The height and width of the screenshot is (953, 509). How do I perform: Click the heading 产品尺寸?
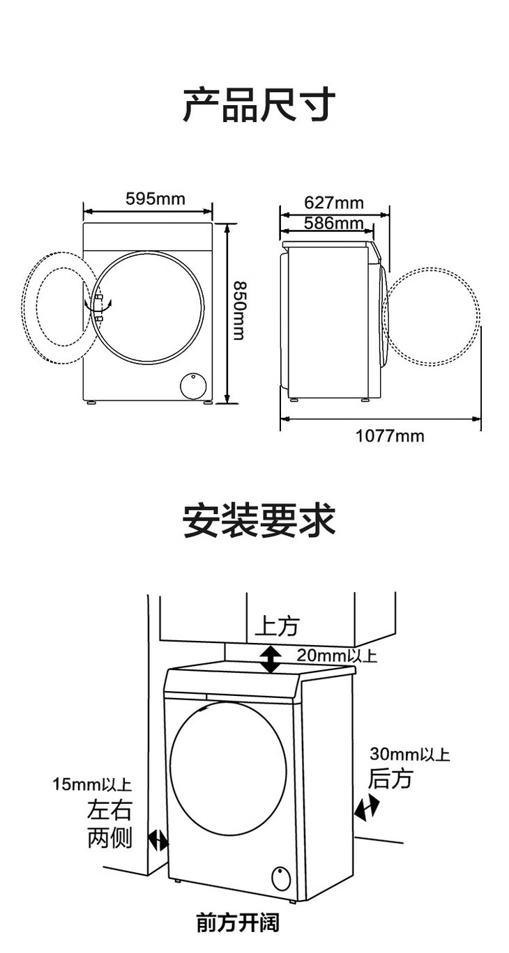coord(259,106)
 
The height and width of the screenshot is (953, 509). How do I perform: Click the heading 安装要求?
coord(259,520)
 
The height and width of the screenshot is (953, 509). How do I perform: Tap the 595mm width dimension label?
coord(155,199)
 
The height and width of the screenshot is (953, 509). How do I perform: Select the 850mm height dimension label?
coord(238,311)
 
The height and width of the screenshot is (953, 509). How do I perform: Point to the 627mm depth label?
coord(334,203)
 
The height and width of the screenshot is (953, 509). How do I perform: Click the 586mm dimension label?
coord(334,223)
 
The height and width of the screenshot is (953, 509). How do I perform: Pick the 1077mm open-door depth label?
coord(390,436)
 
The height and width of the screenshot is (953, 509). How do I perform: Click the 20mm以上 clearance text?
coord(337,655)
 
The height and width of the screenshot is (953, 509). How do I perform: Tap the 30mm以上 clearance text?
coord(409,754)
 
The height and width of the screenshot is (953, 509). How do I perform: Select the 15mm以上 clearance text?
coord(92,785)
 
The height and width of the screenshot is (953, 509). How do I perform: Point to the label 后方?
coord(390,778)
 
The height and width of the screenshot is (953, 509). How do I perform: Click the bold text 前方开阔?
coord(238,924)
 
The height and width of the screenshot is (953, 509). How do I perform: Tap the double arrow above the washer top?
coord(271,659)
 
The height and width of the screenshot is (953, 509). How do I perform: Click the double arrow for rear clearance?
coord(367,807)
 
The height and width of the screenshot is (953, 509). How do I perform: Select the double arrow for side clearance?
coord(158,841)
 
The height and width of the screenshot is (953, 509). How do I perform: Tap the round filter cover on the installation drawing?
coord(280,878)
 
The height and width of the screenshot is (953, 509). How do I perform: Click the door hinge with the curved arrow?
coord(98,306)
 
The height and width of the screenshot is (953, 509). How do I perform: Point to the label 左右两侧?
coord(109,824)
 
